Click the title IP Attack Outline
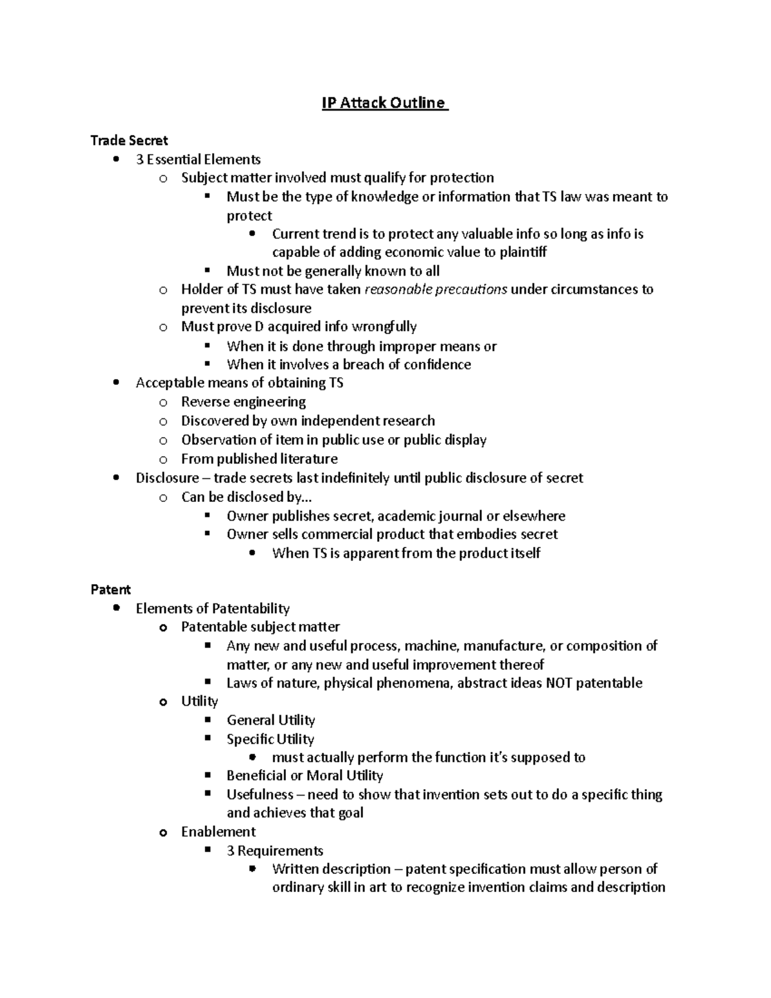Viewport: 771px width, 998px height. [x=384, y=103]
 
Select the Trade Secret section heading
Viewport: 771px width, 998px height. [x=129, y=140]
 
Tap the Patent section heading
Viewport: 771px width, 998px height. [x=111, y=589]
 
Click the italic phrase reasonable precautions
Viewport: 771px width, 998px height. [x=436, y=289]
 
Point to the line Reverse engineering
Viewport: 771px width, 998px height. [x=243, y=402]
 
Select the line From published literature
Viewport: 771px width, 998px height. [x=259, y=459]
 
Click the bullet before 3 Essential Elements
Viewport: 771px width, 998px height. [x=116, y=159]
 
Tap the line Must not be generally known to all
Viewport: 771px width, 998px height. [x=333, y=271]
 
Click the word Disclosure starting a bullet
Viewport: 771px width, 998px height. [x=167, y=477]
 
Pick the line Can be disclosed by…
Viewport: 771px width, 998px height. [x=247, y=497]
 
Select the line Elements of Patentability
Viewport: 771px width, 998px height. [x=213, y=608]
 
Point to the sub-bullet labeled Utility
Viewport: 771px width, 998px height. [x=199, y=701]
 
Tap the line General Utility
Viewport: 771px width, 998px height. [x=270, y=720]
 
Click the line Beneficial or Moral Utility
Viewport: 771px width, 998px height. [x=305, y=775]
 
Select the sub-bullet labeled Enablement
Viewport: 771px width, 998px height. [x=218, y=832]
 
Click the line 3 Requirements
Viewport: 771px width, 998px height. [x=274, y=850]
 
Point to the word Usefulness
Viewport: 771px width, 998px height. [x=260, y=794]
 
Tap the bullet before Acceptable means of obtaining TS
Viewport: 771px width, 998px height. [x=116, y=383]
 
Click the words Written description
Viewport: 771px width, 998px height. [x=331, y=869]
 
